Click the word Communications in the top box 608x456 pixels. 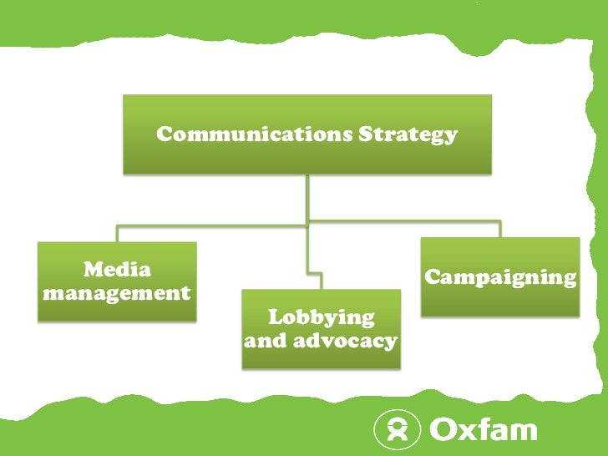tap(255, 134)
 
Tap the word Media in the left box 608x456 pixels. tap(117, 270)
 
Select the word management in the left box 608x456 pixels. tap(117, 293)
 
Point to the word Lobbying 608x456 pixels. tap(321, 317)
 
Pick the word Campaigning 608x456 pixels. tap(500, 277)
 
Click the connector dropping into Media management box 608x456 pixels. tap(117, 234)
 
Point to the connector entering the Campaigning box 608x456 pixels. tap(499, 229)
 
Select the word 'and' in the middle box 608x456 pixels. tap(265, 341)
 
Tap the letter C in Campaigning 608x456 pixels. tap(433, 277)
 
